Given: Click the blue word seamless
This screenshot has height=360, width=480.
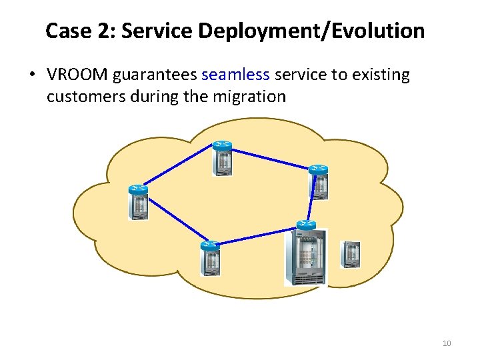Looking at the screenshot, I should click(235, 75).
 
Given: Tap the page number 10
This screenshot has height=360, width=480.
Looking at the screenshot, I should click(447, 343).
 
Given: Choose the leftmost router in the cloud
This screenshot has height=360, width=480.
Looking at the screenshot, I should click(138, 202).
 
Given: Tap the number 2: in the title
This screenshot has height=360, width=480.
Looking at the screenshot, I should click(107, 31).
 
